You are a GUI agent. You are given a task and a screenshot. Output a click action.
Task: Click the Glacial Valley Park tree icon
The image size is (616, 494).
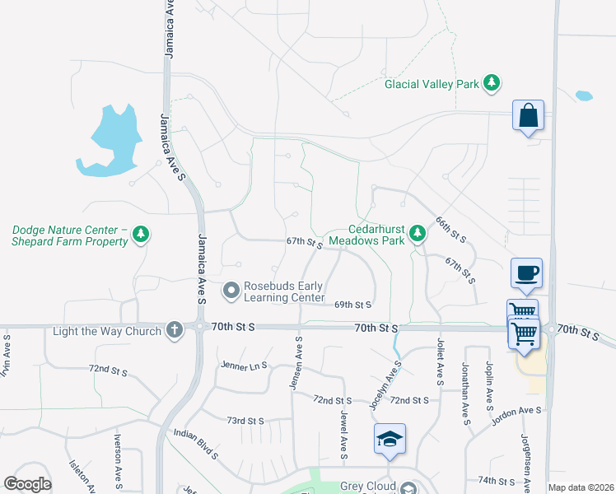coord(492,83)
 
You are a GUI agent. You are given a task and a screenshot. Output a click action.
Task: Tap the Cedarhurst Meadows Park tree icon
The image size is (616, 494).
coord(418,234)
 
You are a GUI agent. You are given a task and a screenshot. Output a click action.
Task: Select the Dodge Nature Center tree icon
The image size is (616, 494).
coord(141,235)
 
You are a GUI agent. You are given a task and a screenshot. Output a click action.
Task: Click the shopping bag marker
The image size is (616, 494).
coord(528,117)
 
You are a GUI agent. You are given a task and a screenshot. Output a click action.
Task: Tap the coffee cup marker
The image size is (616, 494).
coord(526,273)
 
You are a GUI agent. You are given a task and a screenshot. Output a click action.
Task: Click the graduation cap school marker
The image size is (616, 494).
coord(390,439)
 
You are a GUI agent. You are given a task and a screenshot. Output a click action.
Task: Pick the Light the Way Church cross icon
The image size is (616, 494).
coord(174,330)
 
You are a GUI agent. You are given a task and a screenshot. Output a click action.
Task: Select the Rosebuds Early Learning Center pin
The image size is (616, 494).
coord(231,291)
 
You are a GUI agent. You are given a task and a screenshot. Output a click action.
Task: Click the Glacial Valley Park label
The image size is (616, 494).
coord(432,84)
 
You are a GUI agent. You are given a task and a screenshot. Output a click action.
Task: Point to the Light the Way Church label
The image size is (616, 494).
coord(107,331)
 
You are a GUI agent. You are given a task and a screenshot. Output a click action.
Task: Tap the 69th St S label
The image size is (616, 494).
coord(353,305)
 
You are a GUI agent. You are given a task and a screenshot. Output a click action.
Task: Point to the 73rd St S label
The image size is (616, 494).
coord(246,421)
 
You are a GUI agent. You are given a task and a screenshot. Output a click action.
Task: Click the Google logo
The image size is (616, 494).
coord(27,483)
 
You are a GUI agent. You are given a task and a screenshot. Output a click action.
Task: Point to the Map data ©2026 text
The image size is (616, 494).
coord(581,487)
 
